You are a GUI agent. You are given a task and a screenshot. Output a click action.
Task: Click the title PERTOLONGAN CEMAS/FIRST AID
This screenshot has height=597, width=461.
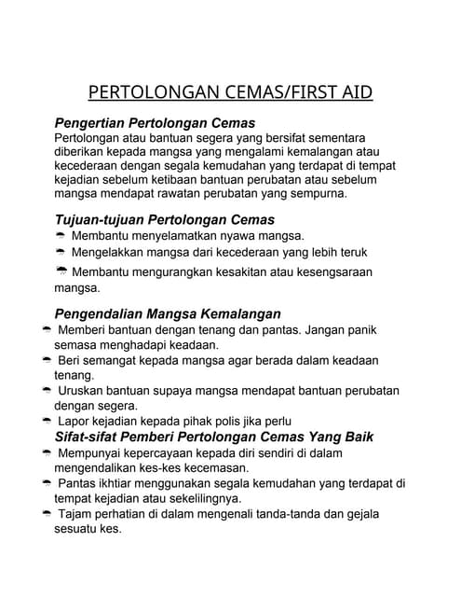(x=230, y=92)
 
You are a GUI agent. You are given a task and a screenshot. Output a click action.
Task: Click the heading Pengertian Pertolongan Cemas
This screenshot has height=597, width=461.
(x=155, y=123)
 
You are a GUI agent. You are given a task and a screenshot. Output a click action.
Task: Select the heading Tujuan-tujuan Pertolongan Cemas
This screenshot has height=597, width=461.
(x=165, y=220)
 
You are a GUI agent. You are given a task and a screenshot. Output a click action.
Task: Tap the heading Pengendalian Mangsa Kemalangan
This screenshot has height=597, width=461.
(x=168, y=313)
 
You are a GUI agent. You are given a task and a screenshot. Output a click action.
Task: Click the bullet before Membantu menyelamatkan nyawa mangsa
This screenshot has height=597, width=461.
(x=61, y=237)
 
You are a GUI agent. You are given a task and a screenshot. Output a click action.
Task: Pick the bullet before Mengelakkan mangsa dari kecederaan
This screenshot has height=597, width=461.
(x=61, y=253)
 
